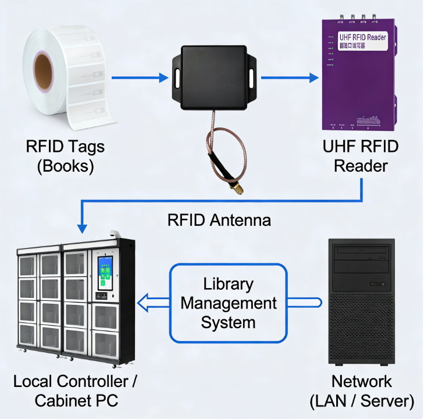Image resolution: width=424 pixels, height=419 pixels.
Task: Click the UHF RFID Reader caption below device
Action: tap(361, 156)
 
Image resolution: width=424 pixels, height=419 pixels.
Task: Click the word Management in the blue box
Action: tap(229, 303)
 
